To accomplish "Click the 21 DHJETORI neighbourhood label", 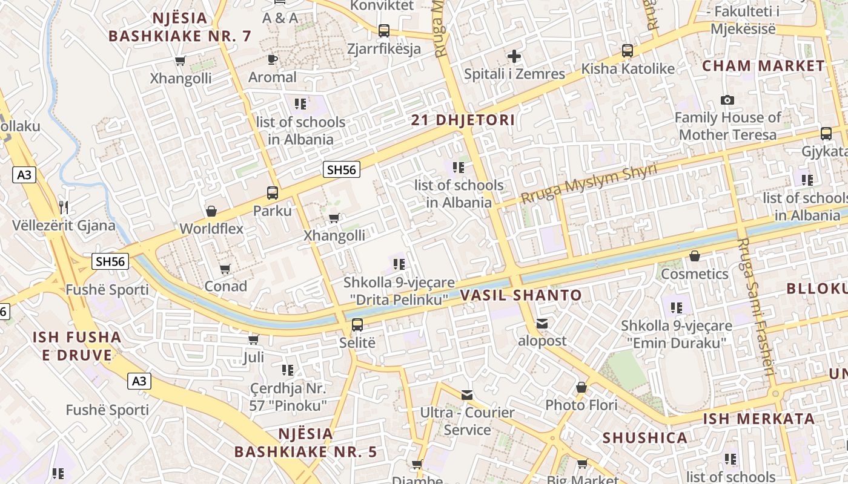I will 463,120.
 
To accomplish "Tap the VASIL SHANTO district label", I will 521,295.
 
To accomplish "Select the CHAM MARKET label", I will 763,66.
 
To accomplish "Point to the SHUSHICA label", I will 644,437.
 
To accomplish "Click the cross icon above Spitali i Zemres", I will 514,57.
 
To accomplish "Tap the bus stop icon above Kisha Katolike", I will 628,51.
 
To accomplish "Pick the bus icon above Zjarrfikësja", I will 383,30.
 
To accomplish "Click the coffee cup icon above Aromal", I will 273,59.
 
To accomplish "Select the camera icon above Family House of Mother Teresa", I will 727,100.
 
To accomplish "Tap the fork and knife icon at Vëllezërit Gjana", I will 64,208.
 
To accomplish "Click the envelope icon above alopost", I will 542,324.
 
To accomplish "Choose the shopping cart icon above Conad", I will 225,268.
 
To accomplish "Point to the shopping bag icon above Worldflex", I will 211,211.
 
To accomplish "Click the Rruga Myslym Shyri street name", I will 589,183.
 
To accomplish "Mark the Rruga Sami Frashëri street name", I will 757,306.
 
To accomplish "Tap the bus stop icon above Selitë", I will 357,325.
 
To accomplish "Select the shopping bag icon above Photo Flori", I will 581,387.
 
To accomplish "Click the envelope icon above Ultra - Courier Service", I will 467,395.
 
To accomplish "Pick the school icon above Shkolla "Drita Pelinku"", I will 399,264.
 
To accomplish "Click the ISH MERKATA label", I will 758,419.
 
